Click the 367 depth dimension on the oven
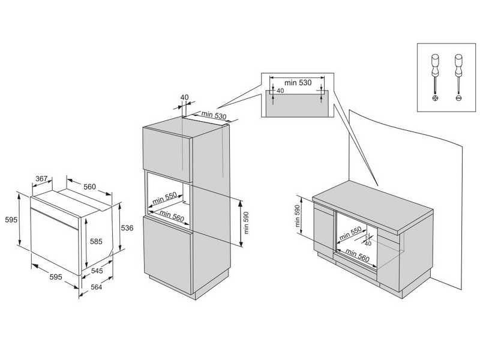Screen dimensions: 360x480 pos(41,178)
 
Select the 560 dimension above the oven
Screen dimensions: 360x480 pos(89,187)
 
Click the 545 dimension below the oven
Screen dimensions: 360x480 pos(98,271)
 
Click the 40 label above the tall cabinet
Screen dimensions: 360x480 pos(184,97)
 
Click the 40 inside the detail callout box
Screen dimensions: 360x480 pos(280,91)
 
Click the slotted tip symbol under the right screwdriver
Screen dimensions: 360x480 pos(459,97)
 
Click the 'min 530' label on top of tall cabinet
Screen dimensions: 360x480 pos(213,115)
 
